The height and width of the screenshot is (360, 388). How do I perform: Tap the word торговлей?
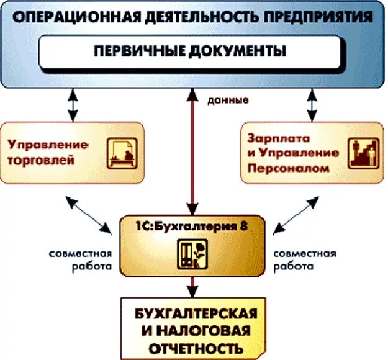[x=42, y=161]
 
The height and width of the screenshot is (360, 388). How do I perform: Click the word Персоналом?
[x=277, y=167]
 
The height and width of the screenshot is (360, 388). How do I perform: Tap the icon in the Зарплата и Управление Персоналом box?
[x=362, y=153]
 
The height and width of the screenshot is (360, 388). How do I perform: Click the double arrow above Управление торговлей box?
[x=73, y=105]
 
